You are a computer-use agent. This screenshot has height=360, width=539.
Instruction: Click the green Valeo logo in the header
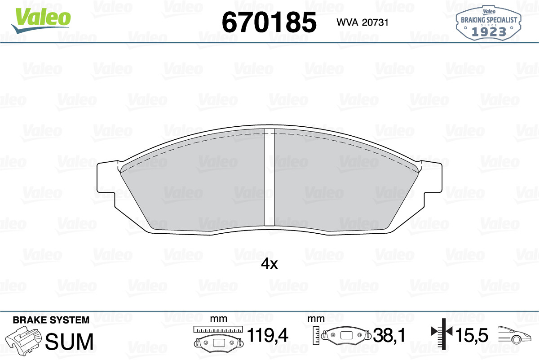coord(41,20)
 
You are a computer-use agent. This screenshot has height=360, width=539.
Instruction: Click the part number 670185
coord(269,22)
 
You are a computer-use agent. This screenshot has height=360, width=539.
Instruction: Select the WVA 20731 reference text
coord(362,22)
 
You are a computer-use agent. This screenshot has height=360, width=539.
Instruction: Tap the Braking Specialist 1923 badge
coord(489,23)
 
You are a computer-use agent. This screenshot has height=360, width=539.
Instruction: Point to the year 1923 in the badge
coord(489,32)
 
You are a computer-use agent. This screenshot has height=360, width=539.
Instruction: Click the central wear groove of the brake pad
coord(269,178)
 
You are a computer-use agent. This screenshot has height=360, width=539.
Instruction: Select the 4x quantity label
coord(269,264)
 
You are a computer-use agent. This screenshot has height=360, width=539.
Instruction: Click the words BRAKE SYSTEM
coord(51,320)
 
